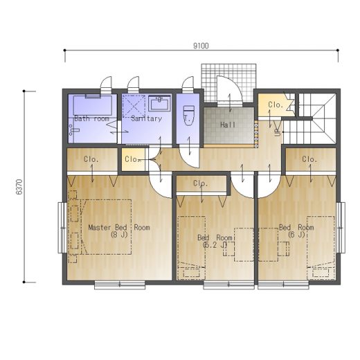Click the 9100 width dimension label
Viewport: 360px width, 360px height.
point(201,46)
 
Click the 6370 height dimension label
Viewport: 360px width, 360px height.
point(19,187)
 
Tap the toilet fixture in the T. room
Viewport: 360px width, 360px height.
point(188,116)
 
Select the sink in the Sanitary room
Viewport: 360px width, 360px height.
point(159,103)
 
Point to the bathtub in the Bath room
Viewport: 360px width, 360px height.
point(93,105)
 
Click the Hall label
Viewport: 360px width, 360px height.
point(228,125)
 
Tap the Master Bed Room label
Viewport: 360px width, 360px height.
point(119,228)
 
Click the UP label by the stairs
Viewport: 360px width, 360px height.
point(277,132)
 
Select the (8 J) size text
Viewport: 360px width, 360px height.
point(119,235)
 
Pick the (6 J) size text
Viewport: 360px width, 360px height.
point(296,235)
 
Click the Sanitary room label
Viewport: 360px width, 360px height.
point(147,118)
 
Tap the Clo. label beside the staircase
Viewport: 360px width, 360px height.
point(276,105)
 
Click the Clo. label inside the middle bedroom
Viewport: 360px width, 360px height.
point(201,183)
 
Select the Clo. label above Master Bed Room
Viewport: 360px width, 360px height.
point(91,159)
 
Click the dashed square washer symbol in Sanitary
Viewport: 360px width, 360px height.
point(134,106)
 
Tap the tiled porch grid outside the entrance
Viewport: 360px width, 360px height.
point(228,82)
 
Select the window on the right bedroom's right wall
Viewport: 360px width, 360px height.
point(341,228)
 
